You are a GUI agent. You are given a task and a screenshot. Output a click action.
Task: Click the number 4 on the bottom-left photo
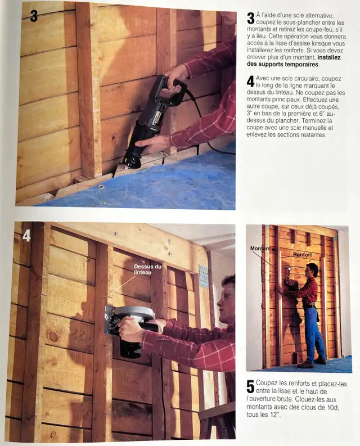pos(26,235)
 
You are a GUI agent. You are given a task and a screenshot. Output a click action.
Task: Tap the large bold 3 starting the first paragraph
pos(250,18)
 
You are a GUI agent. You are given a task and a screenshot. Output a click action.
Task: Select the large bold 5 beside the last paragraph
pos(250,386)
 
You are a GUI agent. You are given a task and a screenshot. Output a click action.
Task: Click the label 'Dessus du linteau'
pos(147,269)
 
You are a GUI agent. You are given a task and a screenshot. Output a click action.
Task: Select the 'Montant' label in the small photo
pos(260,248)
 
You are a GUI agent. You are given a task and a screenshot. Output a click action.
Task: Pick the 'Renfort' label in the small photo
pos(301,255)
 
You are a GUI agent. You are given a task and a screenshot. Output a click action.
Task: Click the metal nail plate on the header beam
pos(203,276)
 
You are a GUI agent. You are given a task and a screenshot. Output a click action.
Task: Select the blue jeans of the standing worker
pos(314,335)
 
